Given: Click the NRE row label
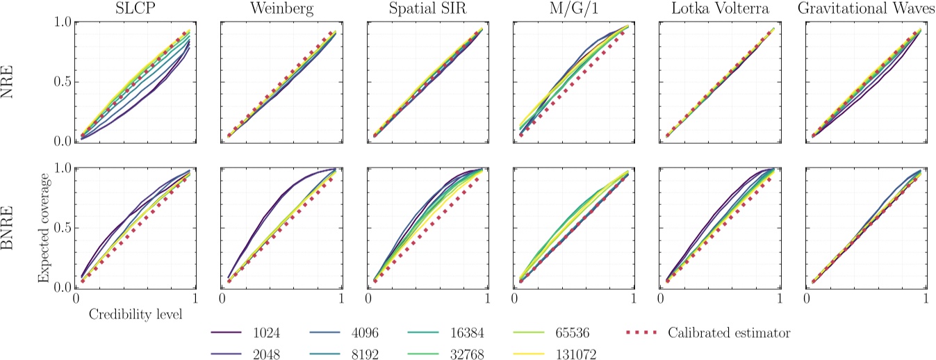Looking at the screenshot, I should (11, 82).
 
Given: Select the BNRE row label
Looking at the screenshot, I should (11, 228).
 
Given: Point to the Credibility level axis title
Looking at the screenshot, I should (136, 314).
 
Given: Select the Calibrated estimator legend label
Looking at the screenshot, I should (730, 333).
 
